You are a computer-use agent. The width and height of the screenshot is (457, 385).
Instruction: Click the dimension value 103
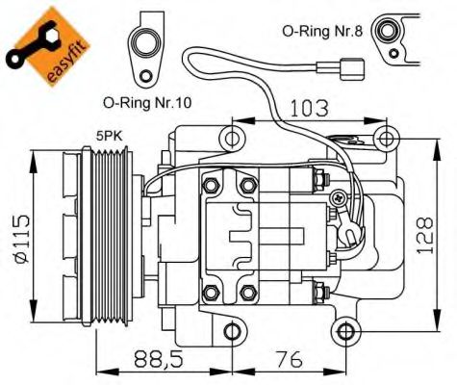point(307,107)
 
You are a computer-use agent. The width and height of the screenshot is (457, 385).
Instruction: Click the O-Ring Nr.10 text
point(145,100)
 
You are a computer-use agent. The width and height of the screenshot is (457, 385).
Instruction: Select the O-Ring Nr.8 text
point(322,31)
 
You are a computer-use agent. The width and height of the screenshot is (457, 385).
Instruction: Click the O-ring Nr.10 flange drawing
point(150,48)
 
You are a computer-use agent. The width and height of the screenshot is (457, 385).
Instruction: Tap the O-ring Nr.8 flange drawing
point(392,34)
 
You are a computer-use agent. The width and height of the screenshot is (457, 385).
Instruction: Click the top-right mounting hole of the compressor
point(384,135)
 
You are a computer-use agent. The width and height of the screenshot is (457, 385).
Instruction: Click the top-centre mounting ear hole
point(230,140)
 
